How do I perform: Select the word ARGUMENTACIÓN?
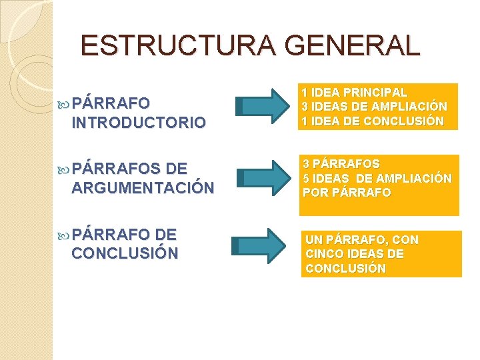(x=143, y=188)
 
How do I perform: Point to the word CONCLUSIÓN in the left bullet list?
(x=125, y=253)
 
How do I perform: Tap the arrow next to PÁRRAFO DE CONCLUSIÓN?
(x=263, y=245)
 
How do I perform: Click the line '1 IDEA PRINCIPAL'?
(x=354, y=93)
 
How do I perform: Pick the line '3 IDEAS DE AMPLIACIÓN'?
(x=374, y=107)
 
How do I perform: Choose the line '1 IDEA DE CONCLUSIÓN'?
(x=372, y=121)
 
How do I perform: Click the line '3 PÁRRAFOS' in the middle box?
(x=341, y=164)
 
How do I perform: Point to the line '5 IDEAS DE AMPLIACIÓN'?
(x=377, y=178)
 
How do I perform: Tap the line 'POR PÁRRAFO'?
(x=347, y=192)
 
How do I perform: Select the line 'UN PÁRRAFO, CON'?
(x=362, y=239)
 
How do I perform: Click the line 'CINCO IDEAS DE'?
(x=354, y=254)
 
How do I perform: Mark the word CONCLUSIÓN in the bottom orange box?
(x=345, y=268)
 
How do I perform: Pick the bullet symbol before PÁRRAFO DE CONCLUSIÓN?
(x=64, y=235)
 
